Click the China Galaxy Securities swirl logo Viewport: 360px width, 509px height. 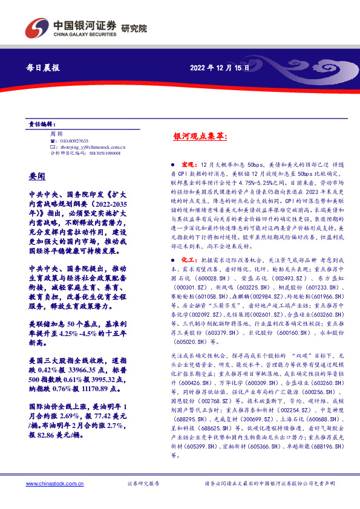coord(37,28)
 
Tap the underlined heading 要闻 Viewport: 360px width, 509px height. coord(37,176)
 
